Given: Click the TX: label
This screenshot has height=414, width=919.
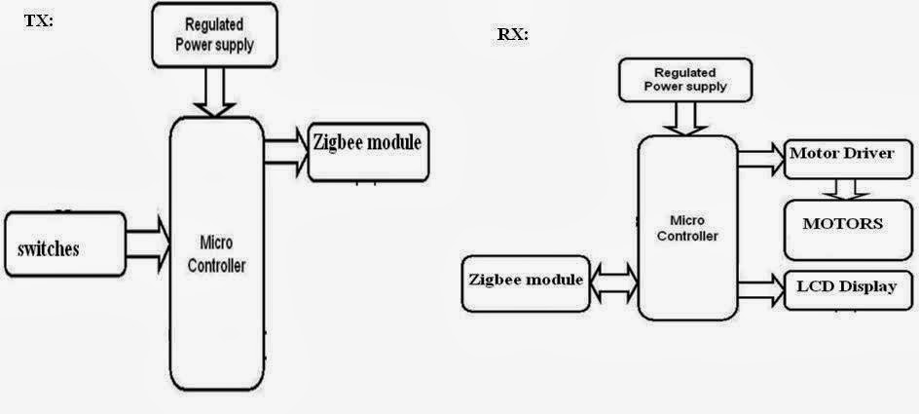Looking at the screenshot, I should click(x=38, y=19).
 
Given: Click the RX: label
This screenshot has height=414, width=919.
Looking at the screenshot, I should click(x=513, y=34).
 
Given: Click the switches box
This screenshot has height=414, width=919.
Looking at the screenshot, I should click(x=63, y=247).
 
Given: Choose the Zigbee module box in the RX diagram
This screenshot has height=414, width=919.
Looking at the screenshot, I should click(x=526, y=283).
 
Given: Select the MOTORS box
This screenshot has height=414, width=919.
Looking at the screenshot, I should click(x=843, y=224).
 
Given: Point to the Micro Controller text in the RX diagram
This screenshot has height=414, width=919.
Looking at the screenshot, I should click(x=687, y=228).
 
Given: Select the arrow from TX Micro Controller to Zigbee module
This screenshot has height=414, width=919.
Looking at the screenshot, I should click(x=285, y=152).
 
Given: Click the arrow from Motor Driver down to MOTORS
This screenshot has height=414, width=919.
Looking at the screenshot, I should click(x=843, y=188).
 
